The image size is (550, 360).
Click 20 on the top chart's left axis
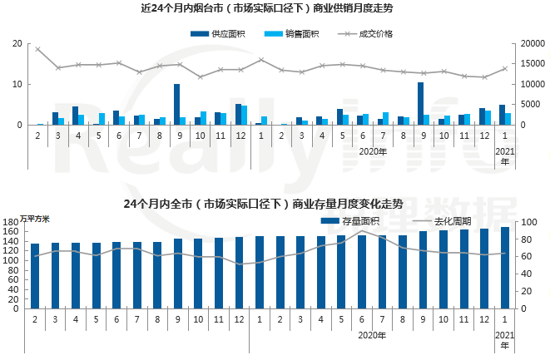point(17,44)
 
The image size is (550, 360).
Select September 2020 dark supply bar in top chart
point(420,104)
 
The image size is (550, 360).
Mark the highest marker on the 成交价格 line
point(38,49)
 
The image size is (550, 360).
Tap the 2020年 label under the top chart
point(373,151)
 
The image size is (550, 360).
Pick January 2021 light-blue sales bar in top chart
point(508,119)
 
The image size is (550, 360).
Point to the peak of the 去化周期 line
point(362,232)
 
